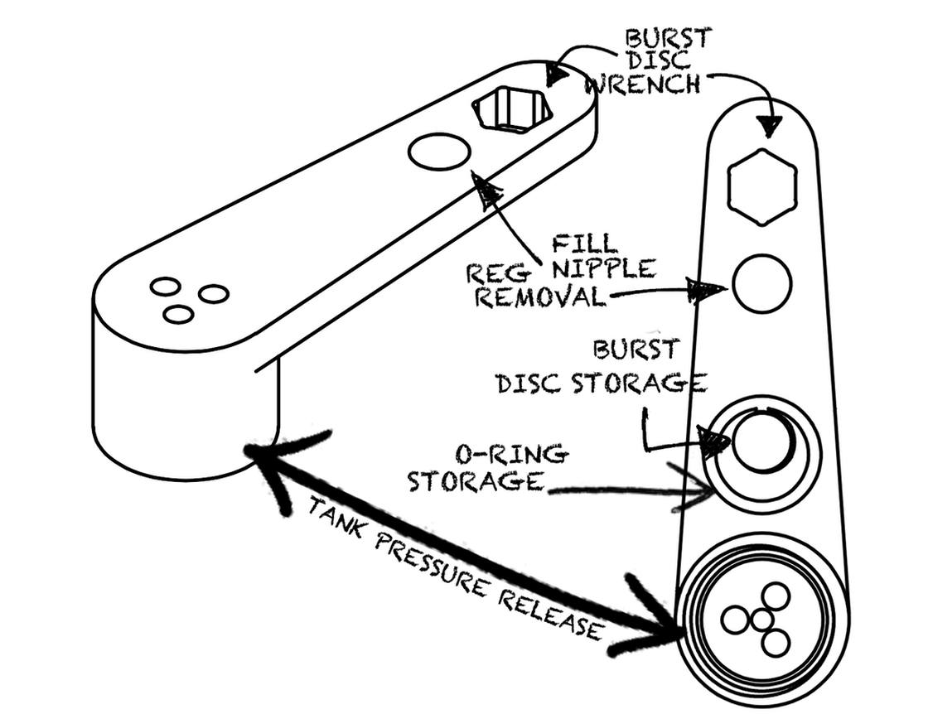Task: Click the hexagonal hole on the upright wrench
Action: tap(762, 187)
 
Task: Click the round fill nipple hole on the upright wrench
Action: tap(762, 284)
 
